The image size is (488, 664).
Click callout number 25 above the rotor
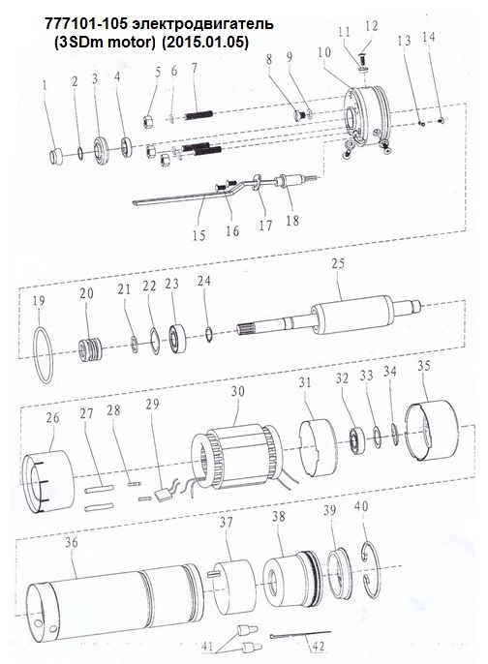pos(338,264)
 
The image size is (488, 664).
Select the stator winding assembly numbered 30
pos(237,457)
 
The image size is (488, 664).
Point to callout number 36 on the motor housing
pos(72,542)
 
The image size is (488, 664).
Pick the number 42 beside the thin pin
pos(318,647)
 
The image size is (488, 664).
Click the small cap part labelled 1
pos(56,157)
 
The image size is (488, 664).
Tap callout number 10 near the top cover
pos(324,52)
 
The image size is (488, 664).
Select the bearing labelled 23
pos(178,339)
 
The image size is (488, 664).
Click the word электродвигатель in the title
pos(202,23)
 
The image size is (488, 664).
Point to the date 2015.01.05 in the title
pos(204,43)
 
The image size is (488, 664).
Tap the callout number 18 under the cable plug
pos(292,221)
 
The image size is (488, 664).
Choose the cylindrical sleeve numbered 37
pos(233,587)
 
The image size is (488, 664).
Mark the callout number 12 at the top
pos(372,26)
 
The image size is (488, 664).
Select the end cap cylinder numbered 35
pos(432,430)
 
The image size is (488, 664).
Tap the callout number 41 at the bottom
pos(207,647)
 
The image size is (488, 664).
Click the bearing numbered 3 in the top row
pos(102,151)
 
